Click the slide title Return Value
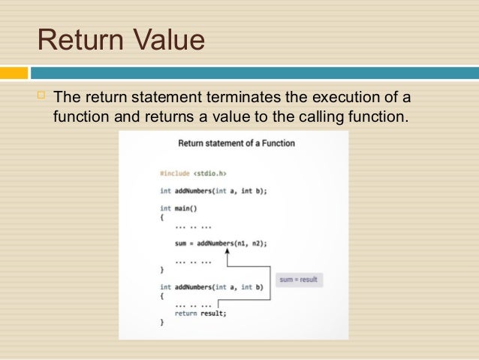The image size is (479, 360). pos(121,40)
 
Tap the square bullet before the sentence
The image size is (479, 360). pos(41,96)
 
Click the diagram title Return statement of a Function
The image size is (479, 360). pos(236,143)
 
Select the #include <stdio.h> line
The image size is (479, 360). pos(193,174)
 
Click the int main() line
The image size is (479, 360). pos(177,208)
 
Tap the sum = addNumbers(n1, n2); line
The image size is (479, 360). pos(221,244)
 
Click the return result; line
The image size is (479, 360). pos(200,313)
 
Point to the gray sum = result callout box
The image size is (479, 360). pos(298,280)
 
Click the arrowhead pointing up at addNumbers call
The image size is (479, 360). pos(227,253)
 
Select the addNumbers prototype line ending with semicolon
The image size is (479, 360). pos(213,191)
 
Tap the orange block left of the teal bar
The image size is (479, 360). pos(14,73)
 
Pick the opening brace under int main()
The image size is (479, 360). pos(161,217)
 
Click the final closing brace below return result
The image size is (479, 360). pos(161,322)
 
